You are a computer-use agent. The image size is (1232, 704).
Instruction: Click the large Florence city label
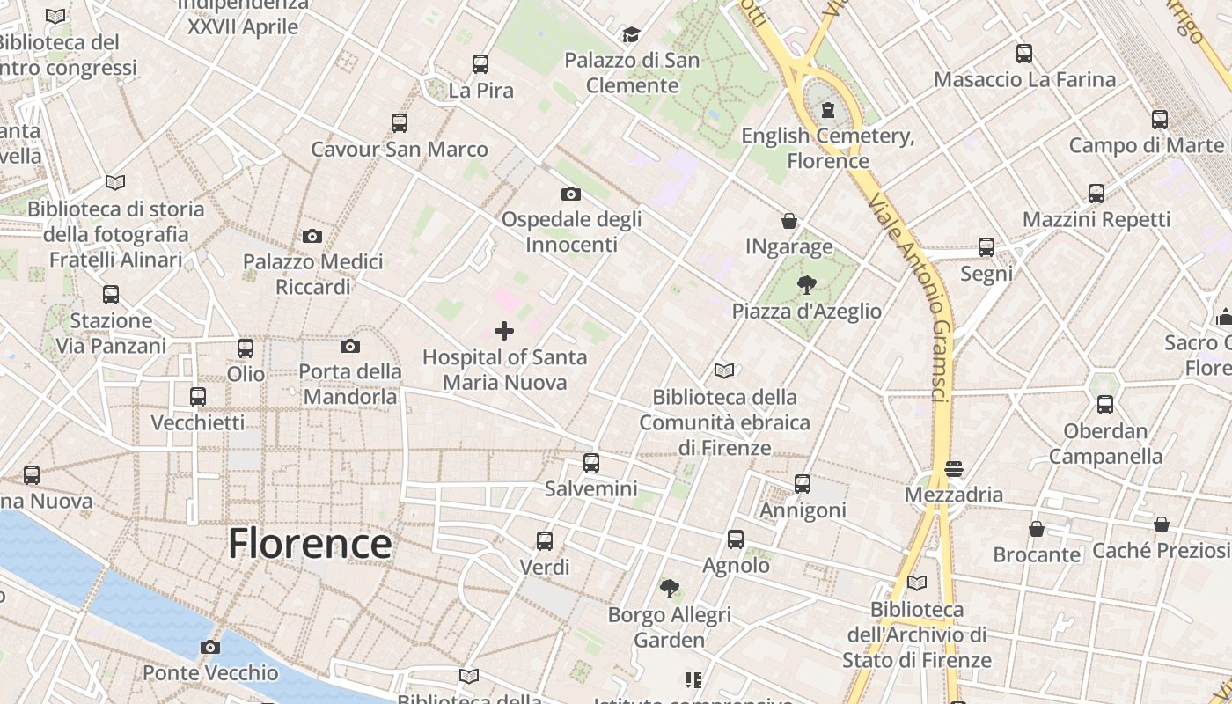point(310,543)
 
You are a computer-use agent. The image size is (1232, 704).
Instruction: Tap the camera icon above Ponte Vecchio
point(209,648)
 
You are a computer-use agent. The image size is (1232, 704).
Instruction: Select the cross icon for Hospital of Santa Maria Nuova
point(504,331)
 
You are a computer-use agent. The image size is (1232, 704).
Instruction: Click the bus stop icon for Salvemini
point(591,462)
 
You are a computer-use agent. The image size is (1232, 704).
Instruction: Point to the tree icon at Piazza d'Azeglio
point(805,284)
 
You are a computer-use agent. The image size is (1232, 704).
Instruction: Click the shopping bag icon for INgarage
point(789,221)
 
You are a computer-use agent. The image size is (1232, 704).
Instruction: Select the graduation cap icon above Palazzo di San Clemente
point(631,35)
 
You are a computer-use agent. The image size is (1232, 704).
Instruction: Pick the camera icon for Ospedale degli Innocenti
point(571,194)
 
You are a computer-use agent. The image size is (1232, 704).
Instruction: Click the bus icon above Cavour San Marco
point(400,123)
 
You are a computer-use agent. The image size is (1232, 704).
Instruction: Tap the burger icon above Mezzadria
point(954,468)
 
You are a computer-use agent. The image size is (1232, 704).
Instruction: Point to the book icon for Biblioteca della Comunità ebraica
point(724,371)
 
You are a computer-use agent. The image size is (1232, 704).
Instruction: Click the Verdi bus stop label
point(545,567)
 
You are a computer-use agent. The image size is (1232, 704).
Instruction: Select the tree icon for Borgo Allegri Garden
point(670,588)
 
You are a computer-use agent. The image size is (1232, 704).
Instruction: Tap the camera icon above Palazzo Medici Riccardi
point(312,236)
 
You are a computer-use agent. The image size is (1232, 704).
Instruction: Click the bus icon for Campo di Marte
point(1160,120)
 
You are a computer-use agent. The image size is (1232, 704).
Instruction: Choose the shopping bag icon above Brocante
point(1037,529)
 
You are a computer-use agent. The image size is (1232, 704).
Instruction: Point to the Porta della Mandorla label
point(350,384)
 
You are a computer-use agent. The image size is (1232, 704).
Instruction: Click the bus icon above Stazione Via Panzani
point(111,295)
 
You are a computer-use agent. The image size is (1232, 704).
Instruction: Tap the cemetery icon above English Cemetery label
point(827,110)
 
